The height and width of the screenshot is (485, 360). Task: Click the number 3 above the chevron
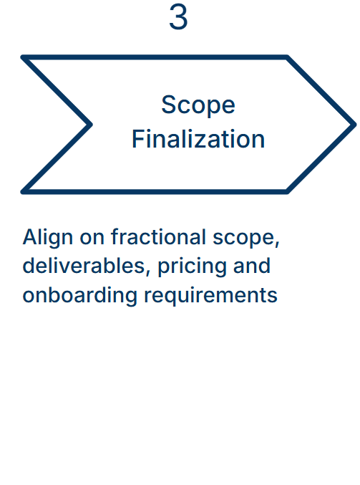point(178,18)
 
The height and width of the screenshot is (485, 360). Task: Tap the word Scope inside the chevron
point(198,105)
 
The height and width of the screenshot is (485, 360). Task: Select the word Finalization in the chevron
point(198,139)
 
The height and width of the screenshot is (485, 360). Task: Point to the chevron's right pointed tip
point(354,125)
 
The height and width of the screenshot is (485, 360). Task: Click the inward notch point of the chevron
point(90,125)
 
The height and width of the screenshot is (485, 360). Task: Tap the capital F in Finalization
point(138,139)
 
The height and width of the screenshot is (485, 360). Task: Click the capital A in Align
point(29,237)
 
